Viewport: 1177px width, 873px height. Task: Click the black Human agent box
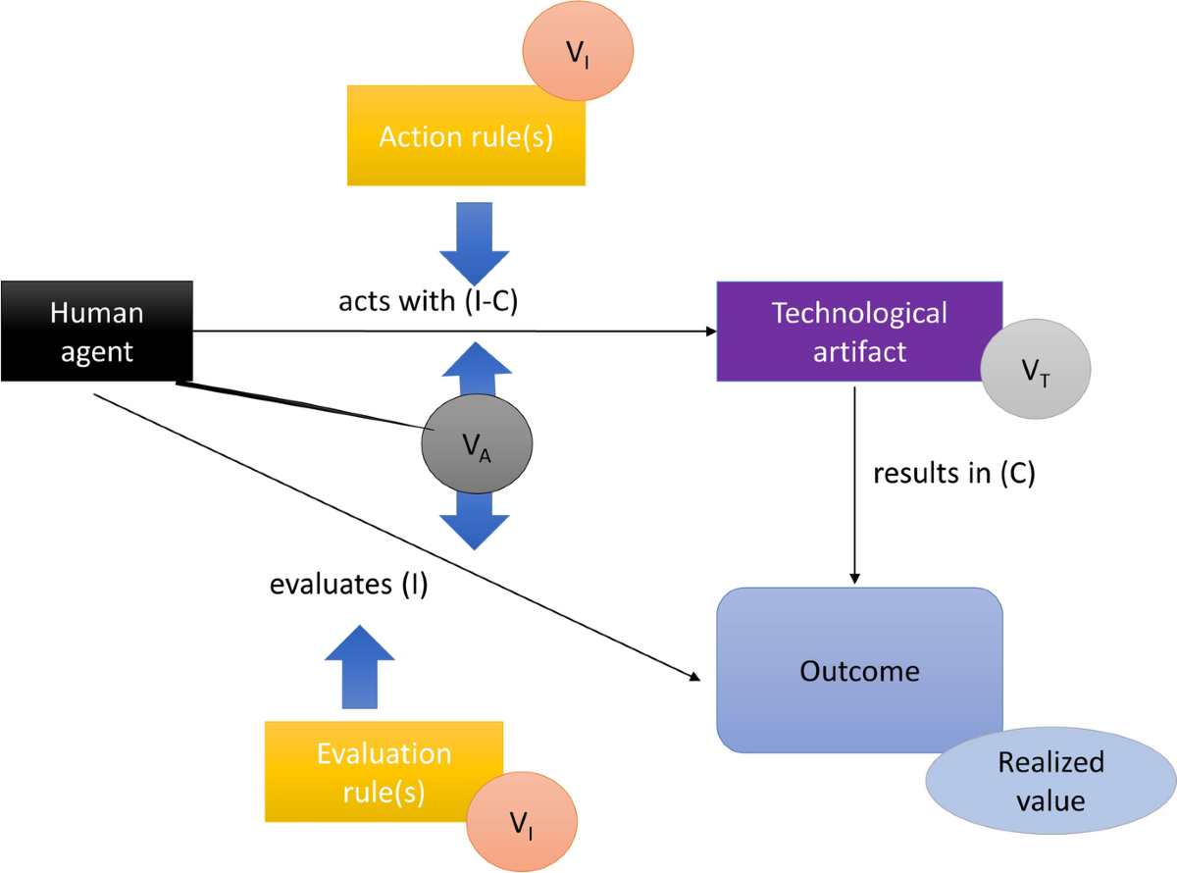point(96,332)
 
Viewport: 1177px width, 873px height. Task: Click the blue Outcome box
point(859,670)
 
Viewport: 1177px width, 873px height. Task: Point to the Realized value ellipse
point(1050,781)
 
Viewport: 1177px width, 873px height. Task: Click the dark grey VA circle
point(477,443)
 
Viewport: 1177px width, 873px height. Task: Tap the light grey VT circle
point(1036,369)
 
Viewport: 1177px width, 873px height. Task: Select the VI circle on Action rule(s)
point(578,50)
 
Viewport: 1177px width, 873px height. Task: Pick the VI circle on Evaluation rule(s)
point(522,822)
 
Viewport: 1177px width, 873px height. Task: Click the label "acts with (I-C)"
point(428,300)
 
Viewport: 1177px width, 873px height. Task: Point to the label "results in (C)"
point(954,473)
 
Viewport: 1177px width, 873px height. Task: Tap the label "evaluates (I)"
point(348,584)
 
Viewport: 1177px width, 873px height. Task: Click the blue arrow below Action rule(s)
point(475,243)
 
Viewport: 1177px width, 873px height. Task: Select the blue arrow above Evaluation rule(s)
point(360,667)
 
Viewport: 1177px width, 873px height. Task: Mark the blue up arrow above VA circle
point(477,369)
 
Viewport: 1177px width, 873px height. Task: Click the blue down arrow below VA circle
point(475,521)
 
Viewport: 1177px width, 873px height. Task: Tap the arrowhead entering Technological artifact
point(712,332)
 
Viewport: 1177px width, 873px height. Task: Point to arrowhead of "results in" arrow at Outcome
point(854,579)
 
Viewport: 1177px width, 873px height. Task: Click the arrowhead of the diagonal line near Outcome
point(695,677)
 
